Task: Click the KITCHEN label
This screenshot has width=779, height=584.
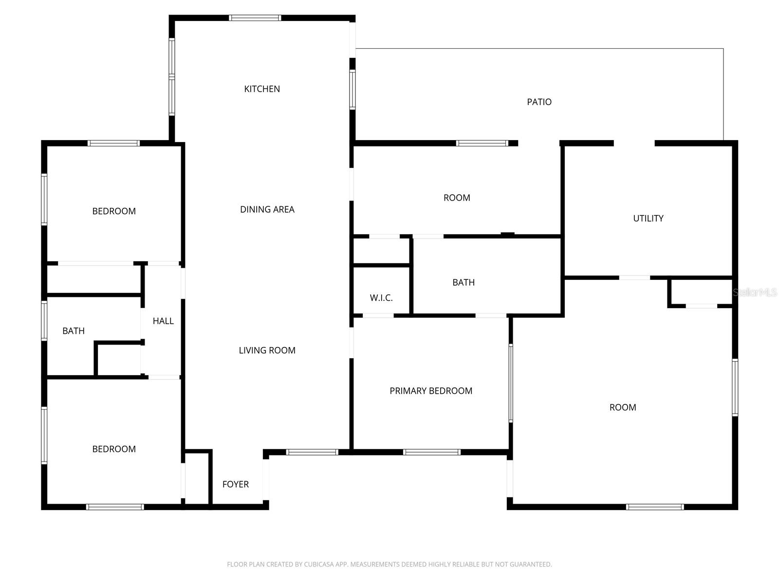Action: (x=262, y=89)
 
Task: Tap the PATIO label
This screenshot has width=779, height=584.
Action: (x=539, y=102)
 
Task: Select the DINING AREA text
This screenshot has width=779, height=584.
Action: (x=267, y=209)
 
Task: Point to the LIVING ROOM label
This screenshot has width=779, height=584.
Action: (x=267, y=350)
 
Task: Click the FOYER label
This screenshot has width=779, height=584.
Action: (x=235, y=484)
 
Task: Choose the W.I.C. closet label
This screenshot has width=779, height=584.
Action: (x=381, y=298)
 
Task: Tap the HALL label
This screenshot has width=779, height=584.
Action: (x=163, y=321)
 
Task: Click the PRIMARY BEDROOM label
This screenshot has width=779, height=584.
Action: (x=431, y=391)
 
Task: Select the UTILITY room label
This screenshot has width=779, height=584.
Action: (x=648, y=219)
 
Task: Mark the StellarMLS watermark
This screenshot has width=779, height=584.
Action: (x=755, y=292)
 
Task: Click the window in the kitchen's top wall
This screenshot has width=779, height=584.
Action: (x=255, y=18)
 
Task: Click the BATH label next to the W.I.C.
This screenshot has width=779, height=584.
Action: (x=463, y=282)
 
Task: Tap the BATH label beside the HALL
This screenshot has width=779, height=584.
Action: (x=74, y=331)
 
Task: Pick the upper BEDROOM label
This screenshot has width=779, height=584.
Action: (x=114, y=211)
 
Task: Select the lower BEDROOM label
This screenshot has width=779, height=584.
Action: (x=114, y=449)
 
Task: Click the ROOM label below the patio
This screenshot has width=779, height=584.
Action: (x=457, y=198)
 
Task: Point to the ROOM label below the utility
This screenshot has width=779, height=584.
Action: (x=623, y=407)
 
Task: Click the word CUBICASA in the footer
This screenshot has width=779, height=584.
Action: (x=318, y=565)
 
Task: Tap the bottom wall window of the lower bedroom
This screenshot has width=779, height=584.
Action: (x=115, y=507)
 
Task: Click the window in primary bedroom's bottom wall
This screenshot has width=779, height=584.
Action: (x=431, y=452)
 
